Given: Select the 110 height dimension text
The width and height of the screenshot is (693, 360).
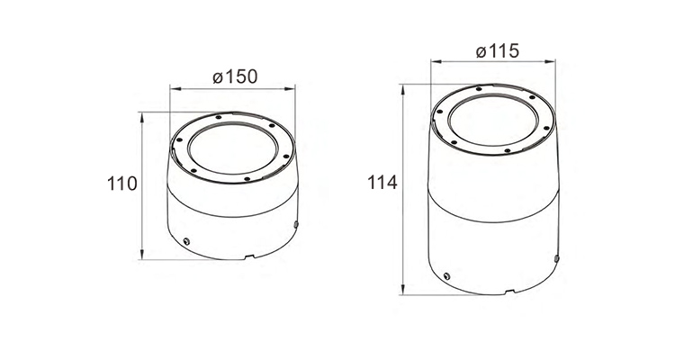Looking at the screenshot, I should click(x=121, y=184).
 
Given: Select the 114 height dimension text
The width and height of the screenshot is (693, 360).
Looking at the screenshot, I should click(x=382, y=184).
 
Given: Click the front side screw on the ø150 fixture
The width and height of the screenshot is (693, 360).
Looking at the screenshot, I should click(x=186, y=240).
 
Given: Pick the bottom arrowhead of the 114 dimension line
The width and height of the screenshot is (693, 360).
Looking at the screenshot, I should click(x=403, y=290).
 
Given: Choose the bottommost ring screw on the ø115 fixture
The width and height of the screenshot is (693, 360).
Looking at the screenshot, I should click(x=508, y=150).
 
